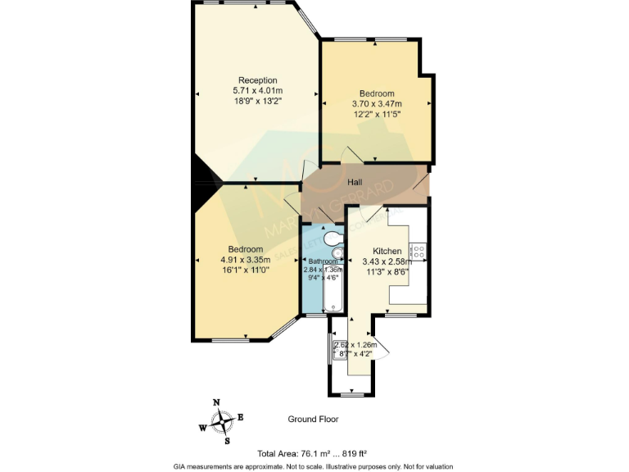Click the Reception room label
257,79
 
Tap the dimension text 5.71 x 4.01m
257,90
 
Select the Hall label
355,182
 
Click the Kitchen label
387,251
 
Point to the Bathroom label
322,261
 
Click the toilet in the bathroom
333,238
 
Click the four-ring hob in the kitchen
418,251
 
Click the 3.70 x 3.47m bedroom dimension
377,104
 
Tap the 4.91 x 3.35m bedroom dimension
246,260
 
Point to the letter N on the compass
216,402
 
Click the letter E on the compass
240,417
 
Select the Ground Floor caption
312,419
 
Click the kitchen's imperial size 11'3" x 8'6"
387,272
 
